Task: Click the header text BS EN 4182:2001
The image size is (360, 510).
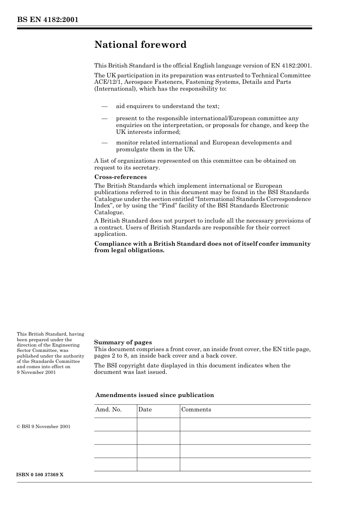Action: point(47,20)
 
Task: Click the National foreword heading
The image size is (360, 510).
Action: point(140,45)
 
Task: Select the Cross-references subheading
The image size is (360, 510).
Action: point(120,177)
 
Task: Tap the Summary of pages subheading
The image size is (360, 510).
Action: point(123,342)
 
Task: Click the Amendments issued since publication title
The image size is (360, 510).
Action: point(154,395)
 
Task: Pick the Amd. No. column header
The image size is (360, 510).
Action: point(108,410)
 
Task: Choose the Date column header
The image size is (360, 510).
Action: point(145,410)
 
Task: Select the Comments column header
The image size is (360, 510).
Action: point(196,410)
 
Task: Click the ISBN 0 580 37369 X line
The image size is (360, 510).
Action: point(40,475)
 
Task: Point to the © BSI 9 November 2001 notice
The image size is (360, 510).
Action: point(44,427)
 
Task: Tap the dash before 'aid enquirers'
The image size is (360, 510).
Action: point(105,107)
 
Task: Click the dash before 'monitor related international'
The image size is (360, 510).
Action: point(105,143)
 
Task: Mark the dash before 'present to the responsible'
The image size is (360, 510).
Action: point(105,119)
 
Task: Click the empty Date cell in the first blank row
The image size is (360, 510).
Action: point(158,425)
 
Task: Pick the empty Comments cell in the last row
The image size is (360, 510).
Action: point(245,464)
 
